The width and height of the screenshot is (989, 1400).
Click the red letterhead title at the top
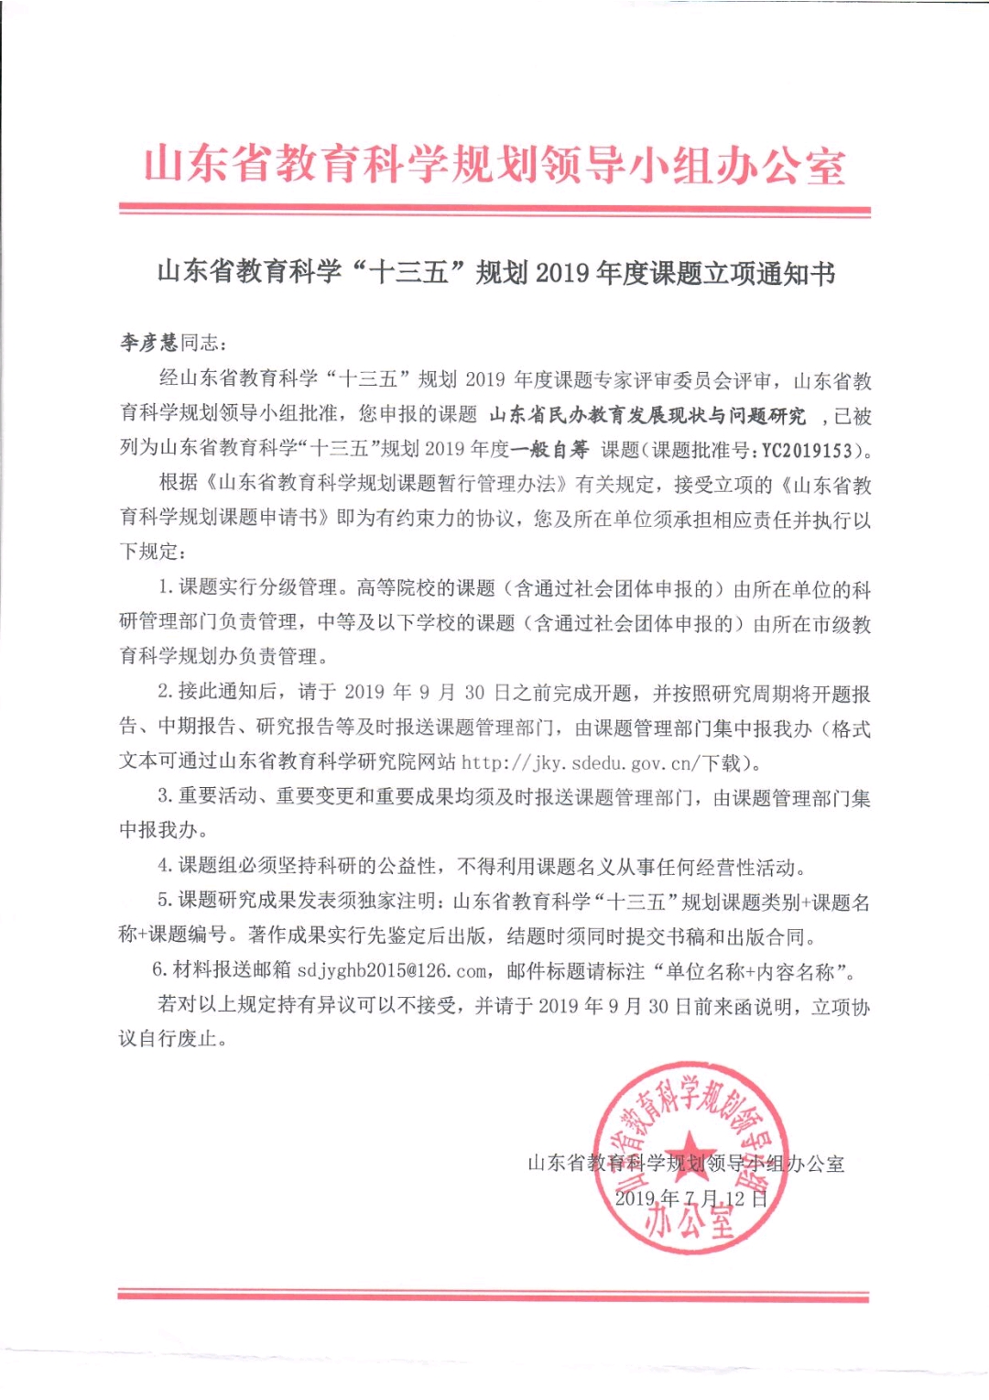click(x=494, y=166)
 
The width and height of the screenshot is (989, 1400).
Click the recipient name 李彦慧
click(x=149, y=343)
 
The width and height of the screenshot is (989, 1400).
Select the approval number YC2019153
click(x=807, y=450)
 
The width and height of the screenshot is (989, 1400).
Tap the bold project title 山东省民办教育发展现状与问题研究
click(x=647, y=415)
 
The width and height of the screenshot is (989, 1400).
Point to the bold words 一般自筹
click(x=549, y=450)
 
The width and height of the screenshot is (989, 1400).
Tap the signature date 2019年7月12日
click(x=690, y=1198)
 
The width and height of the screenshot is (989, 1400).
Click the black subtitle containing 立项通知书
click(x=495, y=273)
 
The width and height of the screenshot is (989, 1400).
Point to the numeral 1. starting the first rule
click(x=166, y=587)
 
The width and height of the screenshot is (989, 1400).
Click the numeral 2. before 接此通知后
click(x=165, y=692)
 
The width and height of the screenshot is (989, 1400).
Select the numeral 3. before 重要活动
click(x=165, y=796)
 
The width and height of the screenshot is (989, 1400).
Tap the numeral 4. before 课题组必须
click(x=165, y=866)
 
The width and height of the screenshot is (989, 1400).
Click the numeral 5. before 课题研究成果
click(x=165, y=901)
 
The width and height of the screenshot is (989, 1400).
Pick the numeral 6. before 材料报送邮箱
click(x=159, y=970)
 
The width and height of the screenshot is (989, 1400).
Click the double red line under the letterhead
click(x=494, y=211)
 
